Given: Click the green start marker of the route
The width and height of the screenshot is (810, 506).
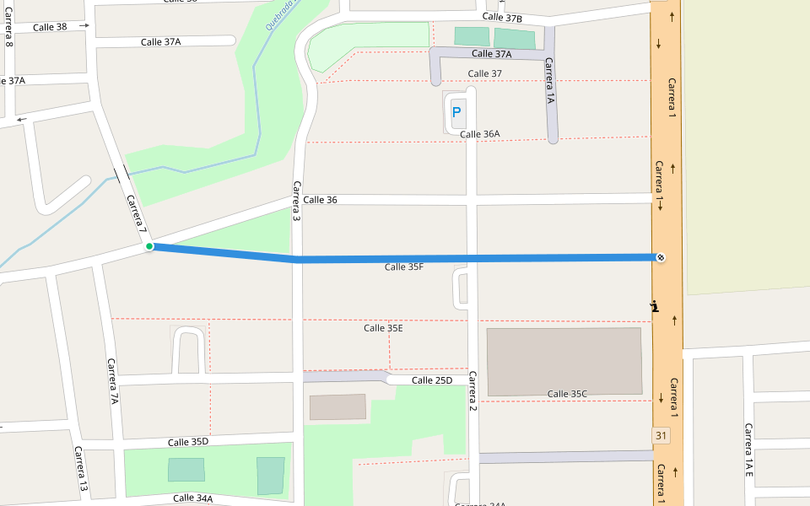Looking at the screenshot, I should (149, 246).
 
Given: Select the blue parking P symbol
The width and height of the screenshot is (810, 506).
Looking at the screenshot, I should (456, 111).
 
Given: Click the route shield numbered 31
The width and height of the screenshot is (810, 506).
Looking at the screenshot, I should (661, 435).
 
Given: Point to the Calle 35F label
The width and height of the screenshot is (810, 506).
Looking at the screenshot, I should (404, 267).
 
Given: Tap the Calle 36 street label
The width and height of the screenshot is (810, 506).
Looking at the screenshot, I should (320, 200).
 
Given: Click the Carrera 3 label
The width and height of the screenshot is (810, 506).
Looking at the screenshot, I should (297, 202).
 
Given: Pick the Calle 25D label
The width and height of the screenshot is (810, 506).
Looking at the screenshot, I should (432, 380).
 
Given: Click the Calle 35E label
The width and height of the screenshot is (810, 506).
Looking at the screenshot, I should (383, 328).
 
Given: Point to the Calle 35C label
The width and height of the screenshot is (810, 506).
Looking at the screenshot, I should (567, 394).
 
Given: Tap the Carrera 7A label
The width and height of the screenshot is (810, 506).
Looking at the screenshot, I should (113, 381).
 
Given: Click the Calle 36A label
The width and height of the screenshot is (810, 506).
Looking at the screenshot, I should (480, 134).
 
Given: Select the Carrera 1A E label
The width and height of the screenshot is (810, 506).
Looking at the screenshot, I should (748, 450).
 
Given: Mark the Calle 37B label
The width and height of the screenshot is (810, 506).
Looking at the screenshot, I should (502, 19).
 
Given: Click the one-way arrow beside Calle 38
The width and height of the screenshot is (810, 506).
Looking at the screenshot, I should (84, 26).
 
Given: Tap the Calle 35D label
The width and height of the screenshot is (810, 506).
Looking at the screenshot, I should (187, 442).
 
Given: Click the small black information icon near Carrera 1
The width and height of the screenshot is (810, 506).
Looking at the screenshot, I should (654, 307).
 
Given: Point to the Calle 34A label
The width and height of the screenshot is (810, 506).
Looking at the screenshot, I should (192, 498).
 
